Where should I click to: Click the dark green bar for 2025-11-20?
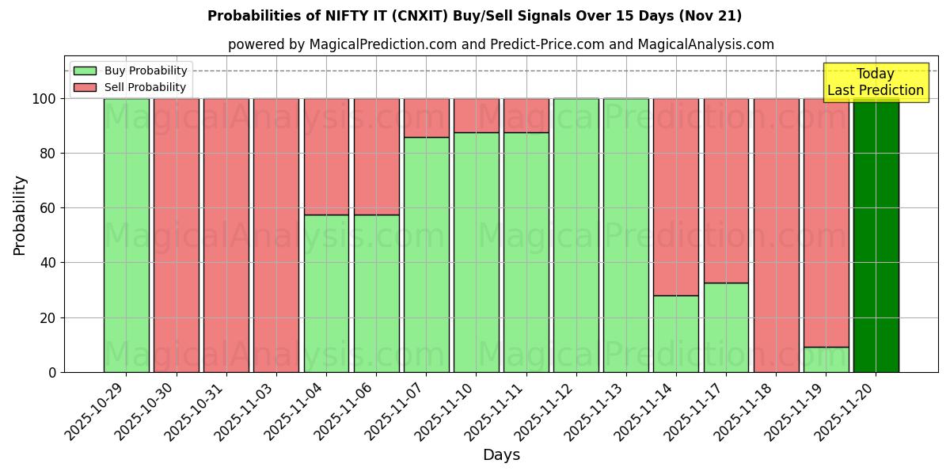pos(876,235)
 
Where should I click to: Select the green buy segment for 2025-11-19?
pos(826,359)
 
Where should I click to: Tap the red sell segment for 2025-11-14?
pos(676,196)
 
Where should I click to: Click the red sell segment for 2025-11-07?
pos(426,118)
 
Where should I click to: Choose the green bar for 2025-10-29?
pos(126,235)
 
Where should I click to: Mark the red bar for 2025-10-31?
pos(226,235)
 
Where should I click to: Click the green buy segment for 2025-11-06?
pos(376,293)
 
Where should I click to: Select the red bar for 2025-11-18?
pos(776,235)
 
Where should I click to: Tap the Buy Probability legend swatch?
pos(85,71)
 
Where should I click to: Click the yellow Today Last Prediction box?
pos(875,82)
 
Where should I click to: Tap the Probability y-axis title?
pos(20,215)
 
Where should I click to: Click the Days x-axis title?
pos(501,455)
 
